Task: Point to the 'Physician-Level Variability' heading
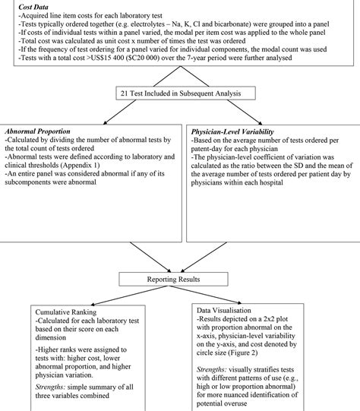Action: point(233,131)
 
